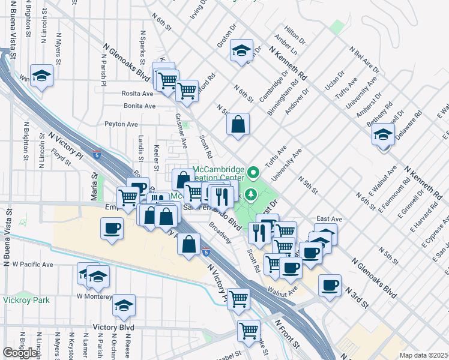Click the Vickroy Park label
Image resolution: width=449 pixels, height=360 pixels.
pos(25,300)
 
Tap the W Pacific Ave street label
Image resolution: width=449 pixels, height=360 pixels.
pos(32,264)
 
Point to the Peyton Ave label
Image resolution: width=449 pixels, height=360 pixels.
pos(121,124)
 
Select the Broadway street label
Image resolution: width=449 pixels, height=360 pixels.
pos(221,233)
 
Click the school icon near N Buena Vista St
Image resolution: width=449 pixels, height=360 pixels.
pos(41,76)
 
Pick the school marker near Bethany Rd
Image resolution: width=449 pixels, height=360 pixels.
pos(382,136)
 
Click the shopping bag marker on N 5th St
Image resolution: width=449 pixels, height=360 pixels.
pos(238,125)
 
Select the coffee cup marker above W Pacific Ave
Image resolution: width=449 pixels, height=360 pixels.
pos(112,229)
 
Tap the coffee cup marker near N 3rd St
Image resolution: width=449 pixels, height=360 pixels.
pos(330,286)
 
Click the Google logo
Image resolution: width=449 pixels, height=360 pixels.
pos(20,353)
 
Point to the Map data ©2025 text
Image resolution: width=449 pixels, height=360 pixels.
pos(424,355)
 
